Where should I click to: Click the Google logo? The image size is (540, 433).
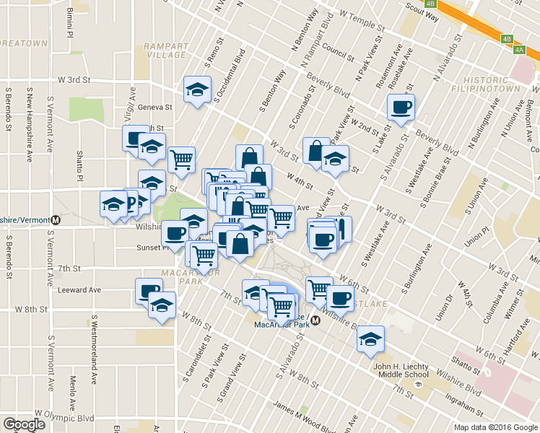pyautogui.click(x=24, y=424)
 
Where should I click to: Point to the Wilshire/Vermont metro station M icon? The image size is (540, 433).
pyautogui.click(x=55, y=219)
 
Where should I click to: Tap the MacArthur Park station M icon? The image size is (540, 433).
pyautogui.click(x=315, y=320)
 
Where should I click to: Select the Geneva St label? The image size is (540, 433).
pyautogui.click(x=156, y=107)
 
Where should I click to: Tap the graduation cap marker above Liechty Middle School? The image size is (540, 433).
pyautogui.click(x=370, y=340)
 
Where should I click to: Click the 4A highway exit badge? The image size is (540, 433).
pyautogui.click(x=520, y=49)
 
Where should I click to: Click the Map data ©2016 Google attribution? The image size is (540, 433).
pyautogui.click(x=496, y=427)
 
